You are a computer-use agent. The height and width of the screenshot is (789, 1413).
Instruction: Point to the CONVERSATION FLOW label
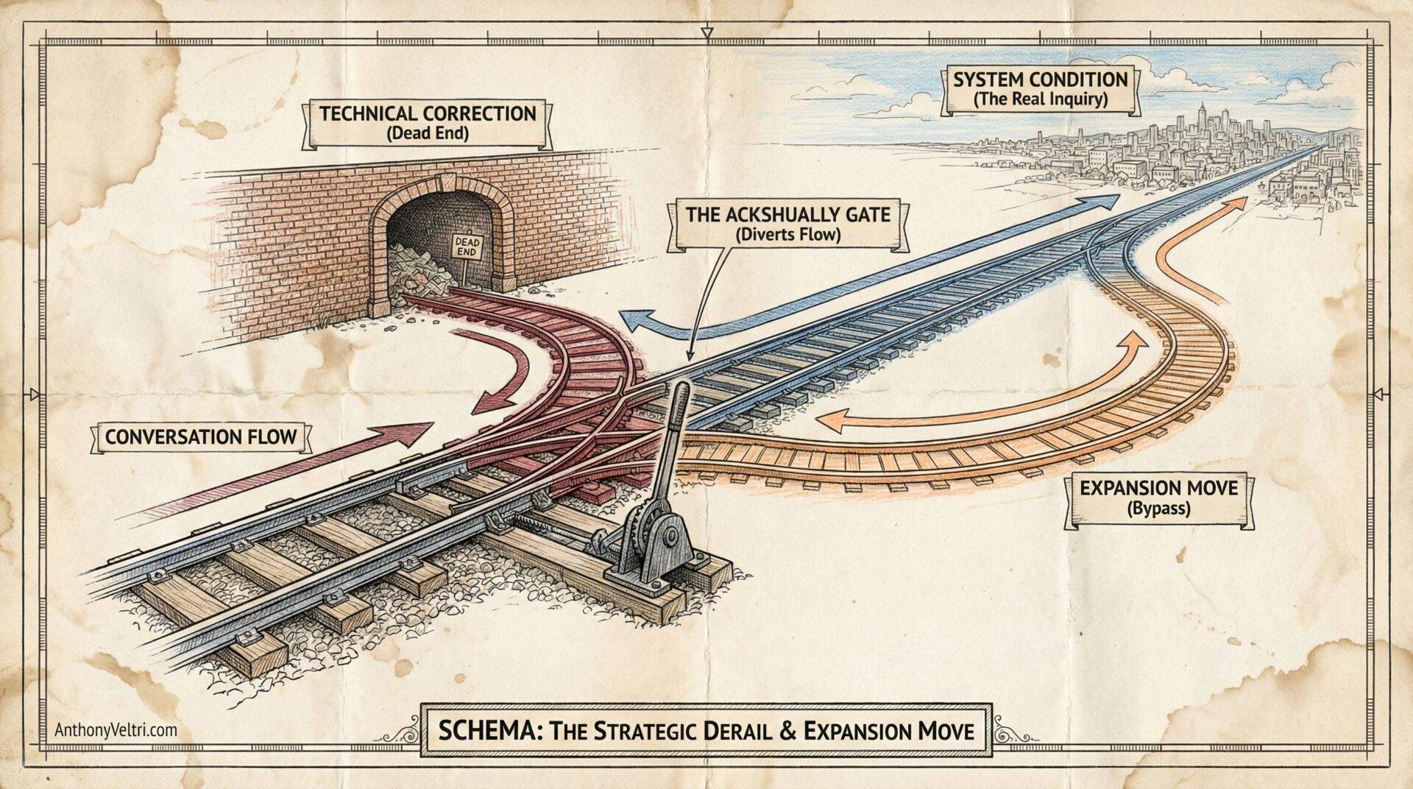[200, 436]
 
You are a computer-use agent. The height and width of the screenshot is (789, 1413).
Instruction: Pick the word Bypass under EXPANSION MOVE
[1158, 508]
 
